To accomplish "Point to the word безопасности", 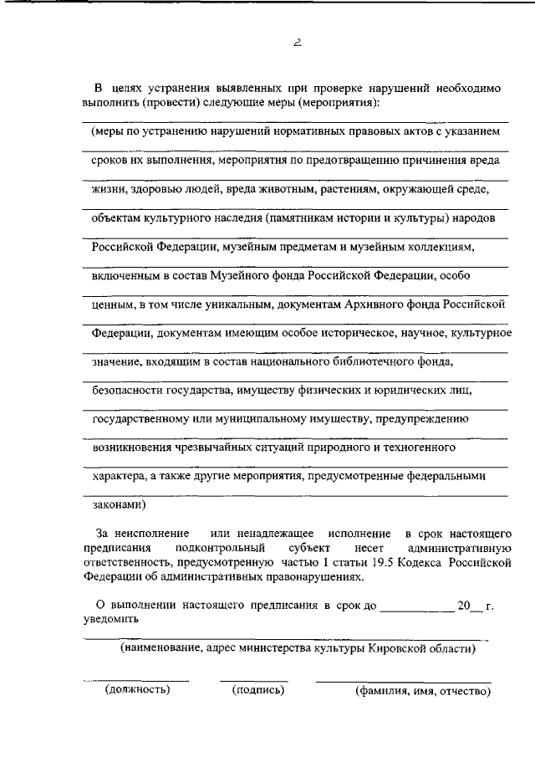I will (x=125, y=391).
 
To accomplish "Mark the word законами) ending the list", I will (x=120, y=504).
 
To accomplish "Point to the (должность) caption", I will (x=137, y=690).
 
